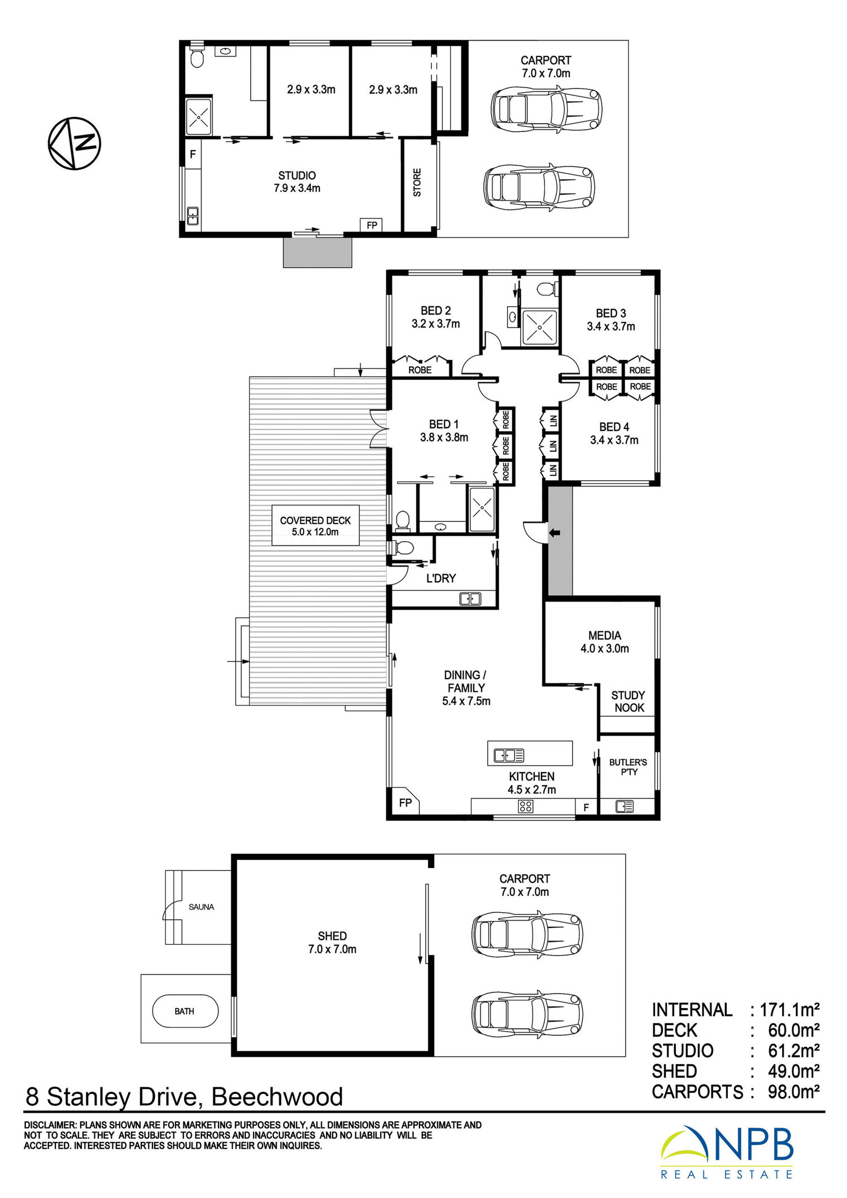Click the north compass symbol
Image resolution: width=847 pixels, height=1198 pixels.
(x=74, y=143)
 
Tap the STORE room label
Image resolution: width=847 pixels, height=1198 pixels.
(x=417, y=182)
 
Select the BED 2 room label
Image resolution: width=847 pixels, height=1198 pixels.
(x=435, y=311)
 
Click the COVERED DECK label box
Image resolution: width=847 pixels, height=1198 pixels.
(x=316, y=525)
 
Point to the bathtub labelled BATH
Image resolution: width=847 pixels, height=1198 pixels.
(x=185, y=1011)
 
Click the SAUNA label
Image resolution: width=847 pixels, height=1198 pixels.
(x=201, y=907)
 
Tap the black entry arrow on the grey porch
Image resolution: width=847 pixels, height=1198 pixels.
(x=555, y=533)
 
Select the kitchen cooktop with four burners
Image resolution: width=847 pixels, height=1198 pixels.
(x=525, y=807)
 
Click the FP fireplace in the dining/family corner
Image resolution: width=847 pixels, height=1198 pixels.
(x=405, y=802)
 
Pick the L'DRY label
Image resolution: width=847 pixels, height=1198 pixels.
(x=441, y=578)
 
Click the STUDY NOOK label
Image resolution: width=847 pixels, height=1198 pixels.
(x=628, y=702)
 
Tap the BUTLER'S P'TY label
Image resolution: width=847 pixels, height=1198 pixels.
(x=628, y=767)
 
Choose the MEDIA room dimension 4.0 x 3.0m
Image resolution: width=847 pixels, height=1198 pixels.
(x=605, y=648)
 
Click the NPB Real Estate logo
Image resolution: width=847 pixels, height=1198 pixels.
(x=727, y=1153)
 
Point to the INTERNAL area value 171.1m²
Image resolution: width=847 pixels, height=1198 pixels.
(x=789, y=1009)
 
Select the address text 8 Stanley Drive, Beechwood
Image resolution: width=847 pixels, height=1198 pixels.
(x=184, y=1097)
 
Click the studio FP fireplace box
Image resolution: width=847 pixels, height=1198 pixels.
(x=372, y=225)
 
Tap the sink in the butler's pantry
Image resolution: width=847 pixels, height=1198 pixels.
(x=625, y=807)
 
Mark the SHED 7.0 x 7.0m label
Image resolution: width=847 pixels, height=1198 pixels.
(x=332, y=943)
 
